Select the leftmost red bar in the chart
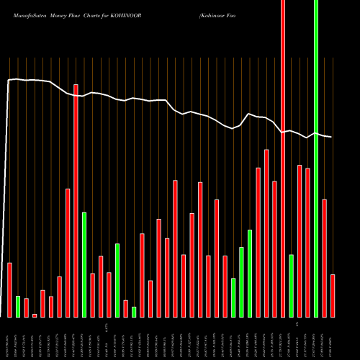[10, 289]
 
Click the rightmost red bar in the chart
[333, 295]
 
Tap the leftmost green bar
[18, 306]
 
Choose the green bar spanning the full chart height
[316, 158]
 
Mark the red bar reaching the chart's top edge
[283, 158]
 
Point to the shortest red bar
[35, 315]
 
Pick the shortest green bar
[134, 312]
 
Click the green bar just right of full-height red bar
[292, 285]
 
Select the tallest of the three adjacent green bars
[250, 273]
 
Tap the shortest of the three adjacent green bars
[233, 297]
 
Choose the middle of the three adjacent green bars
[242, 282]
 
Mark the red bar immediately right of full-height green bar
[325, 258]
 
